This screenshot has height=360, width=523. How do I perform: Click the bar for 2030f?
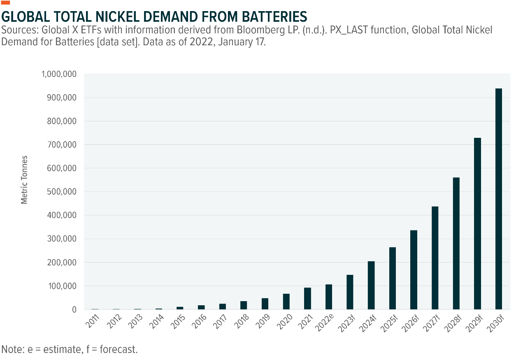(498, 199)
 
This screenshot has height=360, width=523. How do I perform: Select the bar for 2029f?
(477, 224)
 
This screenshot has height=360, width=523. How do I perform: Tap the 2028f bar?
(456, 244)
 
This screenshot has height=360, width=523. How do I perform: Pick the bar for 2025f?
(393, 279)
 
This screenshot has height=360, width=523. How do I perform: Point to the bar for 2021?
(307, 298)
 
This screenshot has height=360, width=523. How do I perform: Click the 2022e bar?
(329, 297)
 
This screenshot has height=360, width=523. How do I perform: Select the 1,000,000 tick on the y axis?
(59, 74)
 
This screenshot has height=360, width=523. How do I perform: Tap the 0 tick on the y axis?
(74, 309)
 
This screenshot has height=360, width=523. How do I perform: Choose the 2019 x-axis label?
(262, 320)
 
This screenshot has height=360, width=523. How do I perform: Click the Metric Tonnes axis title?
(25, 179)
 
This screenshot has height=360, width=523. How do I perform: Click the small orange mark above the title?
(6, 3)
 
